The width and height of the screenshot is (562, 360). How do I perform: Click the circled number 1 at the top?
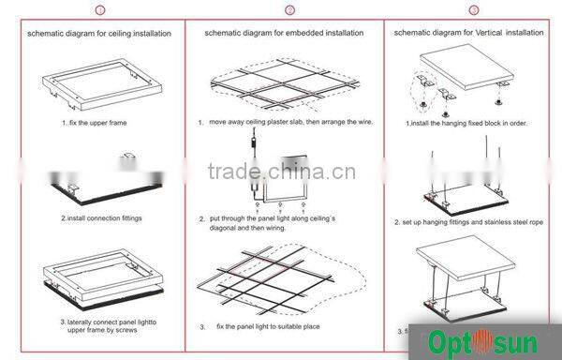point(100,10)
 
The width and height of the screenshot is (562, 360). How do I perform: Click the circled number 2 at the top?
point(289,10)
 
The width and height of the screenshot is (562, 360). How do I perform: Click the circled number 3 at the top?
point(473,10)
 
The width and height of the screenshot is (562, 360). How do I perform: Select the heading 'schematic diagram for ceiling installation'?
point(99,33)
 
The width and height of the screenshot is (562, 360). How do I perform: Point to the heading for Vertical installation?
point(468,33)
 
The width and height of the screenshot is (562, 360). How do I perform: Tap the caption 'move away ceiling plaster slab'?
point(286,122)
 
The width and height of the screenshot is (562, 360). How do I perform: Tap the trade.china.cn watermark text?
point(281,172)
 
